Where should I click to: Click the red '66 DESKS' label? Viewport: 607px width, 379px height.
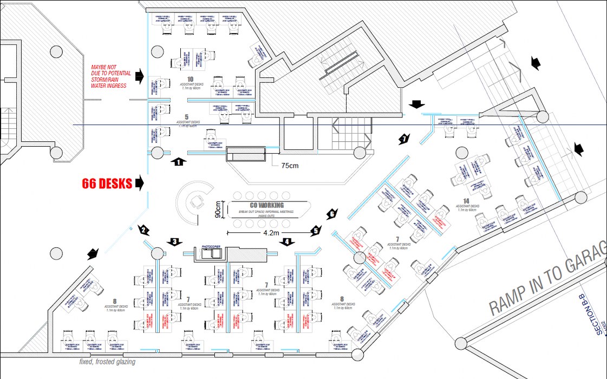107,184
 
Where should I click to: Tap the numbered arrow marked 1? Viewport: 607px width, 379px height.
178,161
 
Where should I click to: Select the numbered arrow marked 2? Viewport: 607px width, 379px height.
143,230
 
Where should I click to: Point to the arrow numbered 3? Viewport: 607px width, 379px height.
174,241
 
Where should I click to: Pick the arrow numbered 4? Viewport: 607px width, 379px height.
287,241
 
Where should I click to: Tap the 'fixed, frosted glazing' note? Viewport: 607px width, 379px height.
107,362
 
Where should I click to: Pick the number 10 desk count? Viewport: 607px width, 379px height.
190,80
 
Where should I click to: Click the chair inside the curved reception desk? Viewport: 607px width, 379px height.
194,202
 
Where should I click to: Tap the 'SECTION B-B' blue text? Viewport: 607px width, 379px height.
599,315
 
